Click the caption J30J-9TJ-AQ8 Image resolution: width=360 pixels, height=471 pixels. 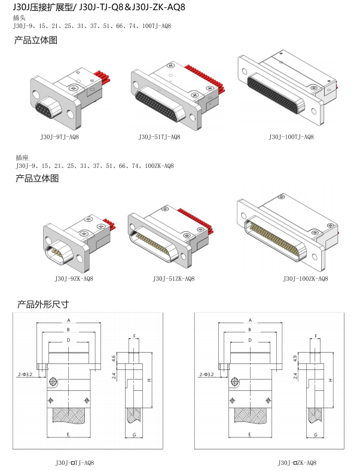[x=59, y=137]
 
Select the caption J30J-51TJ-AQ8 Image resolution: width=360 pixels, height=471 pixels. [x=159, y=137]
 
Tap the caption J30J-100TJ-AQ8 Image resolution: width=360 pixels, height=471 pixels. [x=291, y=137]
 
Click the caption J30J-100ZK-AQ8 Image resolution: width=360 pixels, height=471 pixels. [x=305, y=279]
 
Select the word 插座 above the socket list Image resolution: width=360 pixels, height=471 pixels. [x=21, y=158]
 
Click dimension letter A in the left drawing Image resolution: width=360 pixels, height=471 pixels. [x=69, y=320]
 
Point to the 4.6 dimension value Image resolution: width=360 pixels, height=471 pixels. [x=113, y=359]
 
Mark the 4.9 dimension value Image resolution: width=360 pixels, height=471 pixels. [x=295, y=359]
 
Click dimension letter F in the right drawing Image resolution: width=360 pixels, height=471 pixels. [x=315, y=336]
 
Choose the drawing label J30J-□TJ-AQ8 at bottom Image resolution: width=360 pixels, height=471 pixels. [x=74, y=462]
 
